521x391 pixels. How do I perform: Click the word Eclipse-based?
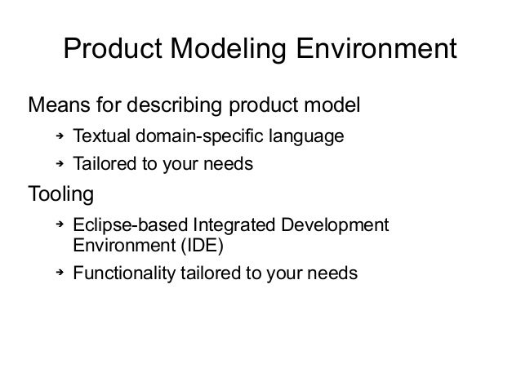tap(124, 224)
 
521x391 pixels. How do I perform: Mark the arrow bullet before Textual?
tap(59, 135)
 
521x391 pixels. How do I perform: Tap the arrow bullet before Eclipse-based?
tap(59, 224)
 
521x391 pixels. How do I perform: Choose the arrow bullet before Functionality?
tap(59, 273)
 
